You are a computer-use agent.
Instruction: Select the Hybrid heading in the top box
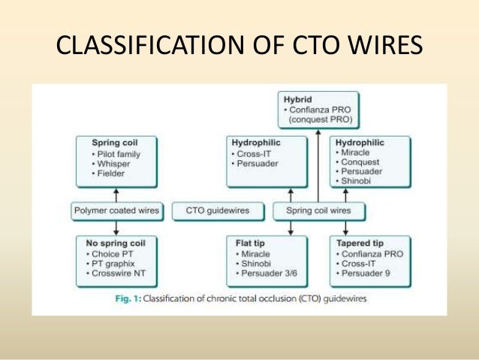pos(299,98)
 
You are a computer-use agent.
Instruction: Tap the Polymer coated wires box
pos(117,210)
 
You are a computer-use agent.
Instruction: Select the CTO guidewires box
pos(218,210)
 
